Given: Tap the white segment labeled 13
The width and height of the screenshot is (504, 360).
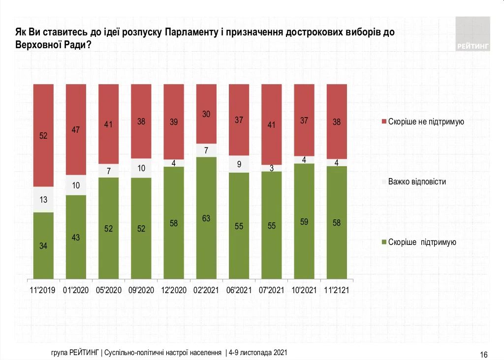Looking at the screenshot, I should tap(43, 200).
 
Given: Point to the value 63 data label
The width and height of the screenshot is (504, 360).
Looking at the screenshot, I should tap(206, 218).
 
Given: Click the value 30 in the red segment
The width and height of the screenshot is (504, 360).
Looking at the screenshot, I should tap(206, 114).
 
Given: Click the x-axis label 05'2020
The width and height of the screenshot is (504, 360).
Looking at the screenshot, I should tap(108, 291).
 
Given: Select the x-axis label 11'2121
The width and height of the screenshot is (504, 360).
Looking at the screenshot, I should tap(337, 291).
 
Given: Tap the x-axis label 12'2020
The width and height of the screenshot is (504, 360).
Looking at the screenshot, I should tap(174, 291).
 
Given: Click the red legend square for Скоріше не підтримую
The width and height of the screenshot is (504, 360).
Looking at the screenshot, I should tap(383, 121).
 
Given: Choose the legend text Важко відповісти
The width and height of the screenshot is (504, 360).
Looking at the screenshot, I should tap(417, 181).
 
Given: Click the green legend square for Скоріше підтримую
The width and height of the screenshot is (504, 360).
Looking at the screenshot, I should tap(383, 242).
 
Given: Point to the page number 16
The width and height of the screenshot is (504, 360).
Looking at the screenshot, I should tap(483, 355).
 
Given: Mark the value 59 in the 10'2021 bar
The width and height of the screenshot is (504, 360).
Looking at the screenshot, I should tap(304, 221).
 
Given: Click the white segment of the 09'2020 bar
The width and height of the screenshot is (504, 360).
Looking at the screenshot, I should tap(141, 168).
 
